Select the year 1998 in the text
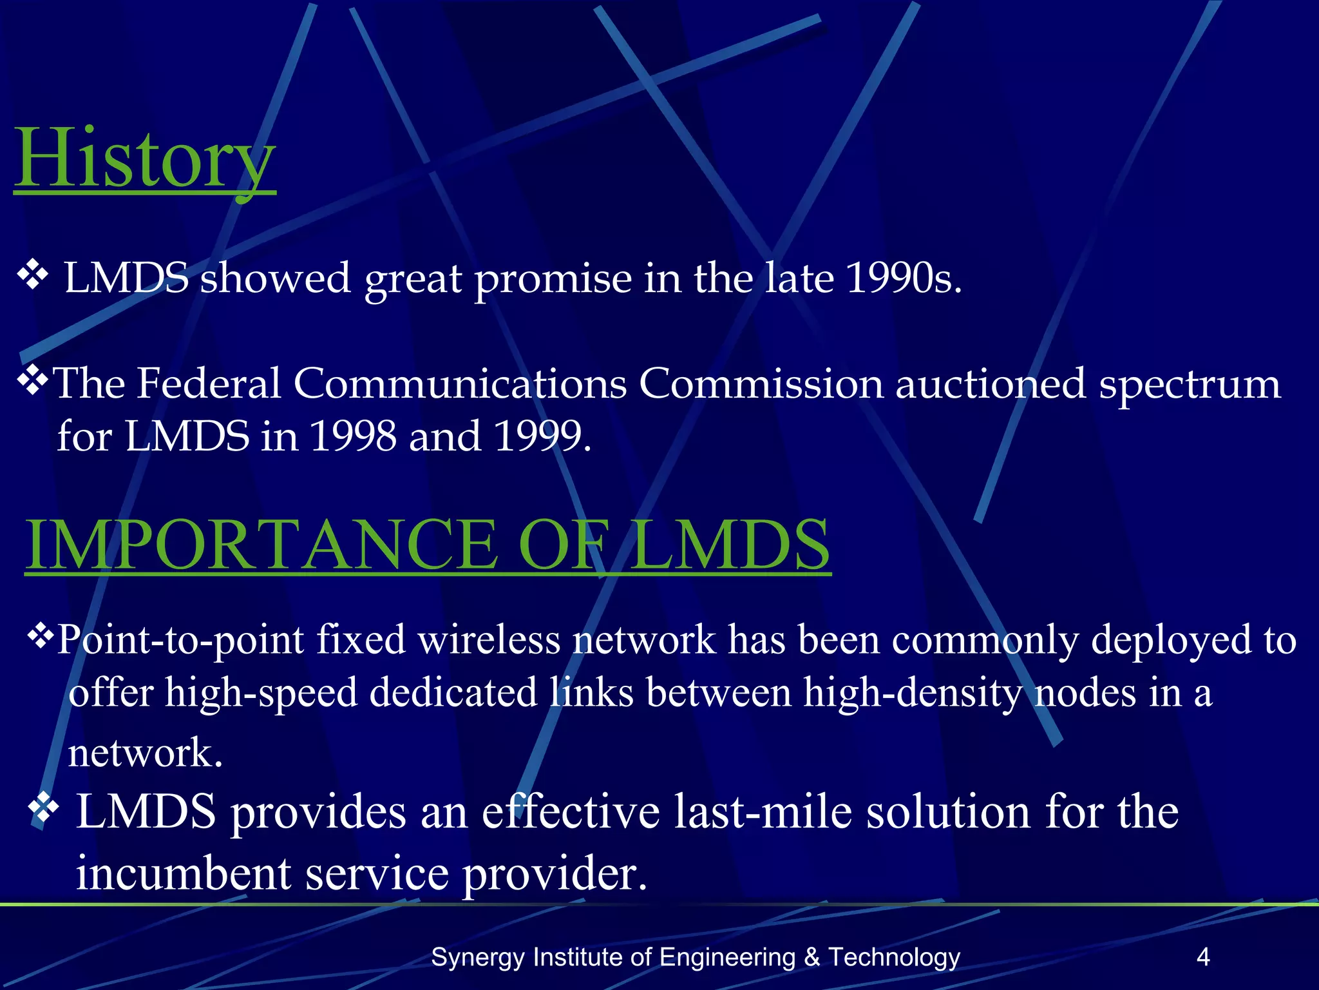[x=353, y=436]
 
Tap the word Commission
[x=761, y=383]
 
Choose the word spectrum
[x=1190, y=385]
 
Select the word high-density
[x=913, y=694]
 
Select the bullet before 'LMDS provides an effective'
[x=44, y=808]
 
